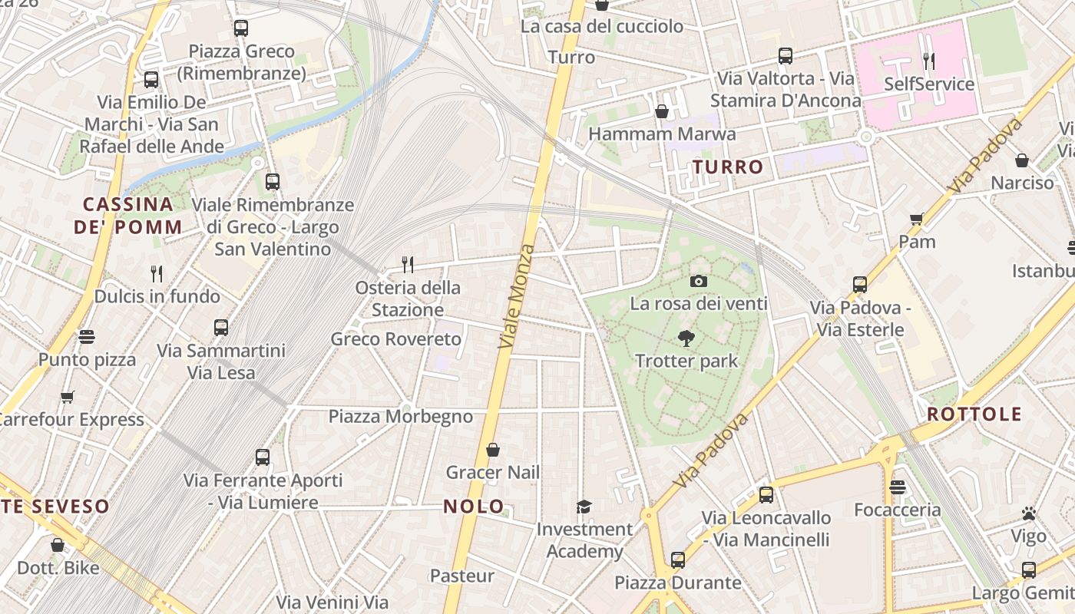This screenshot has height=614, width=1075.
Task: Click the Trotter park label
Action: coord(686,361)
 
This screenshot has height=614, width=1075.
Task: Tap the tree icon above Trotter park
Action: coord(686,338)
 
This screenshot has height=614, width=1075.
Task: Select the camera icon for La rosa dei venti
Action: coord(698,281)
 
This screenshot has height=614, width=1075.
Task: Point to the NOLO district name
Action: coord(474,507)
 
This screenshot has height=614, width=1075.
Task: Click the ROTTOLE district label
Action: coord(974,414)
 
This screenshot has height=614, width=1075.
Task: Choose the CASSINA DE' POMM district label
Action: coord(128,216)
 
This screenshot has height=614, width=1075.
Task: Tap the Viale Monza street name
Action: coord(516,296)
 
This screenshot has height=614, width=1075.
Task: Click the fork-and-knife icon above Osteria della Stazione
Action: coord(408,265)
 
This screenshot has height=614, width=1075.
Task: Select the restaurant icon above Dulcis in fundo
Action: coord(157,273)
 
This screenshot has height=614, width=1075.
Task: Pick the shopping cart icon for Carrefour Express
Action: coord(68,397)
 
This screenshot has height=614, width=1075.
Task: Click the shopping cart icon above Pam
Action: coord(917,220)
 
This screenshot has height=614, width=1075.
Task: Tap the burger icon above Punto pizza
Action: coord(87,337)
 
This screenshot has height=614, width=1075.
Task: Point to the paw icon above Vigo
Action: coord(1028,513)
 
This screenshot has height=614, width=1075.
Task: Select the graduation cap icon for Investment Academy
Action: coord(584,507)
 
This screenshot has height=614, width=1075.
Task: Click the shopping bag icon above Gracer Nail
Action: coord(493,450)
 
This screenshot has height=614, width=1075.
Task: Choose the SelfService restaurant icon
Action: coord(928,61)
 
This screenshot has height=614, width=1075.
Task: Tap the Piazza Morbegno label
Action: coord(401,417)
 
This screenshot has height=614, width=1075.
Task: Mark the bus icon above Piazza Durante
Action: coord(677,560)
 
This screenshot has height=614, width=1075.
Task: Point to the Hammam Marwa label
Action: coord(662,134)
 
